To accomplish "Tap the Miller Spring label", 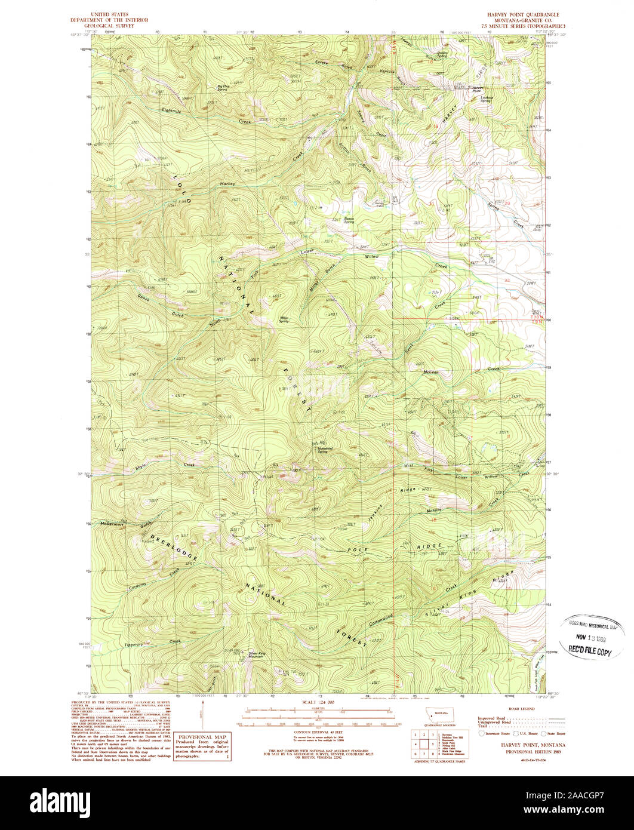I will (284, 319).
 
